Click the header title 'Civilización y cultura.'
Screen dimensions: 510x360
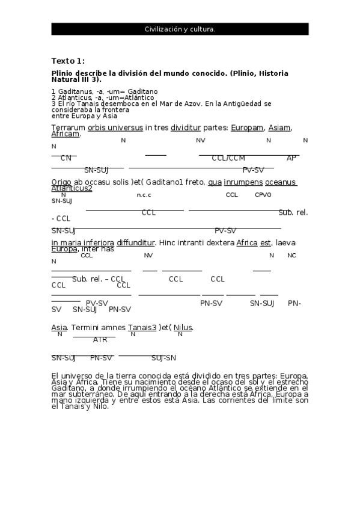click(x=180, y=29)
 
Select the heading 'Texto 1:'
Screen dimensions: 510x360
click(x=68, y=61)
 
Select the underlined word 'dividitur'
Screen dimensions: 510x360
click(x=186, y=127)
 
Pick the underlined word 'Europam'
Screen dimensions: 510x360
click(x=247, y=127)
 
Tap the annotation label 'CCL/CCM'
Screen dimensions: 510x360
click(x=228, y=158)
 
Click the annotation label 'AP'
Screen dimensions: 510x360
click(x=291, y=158)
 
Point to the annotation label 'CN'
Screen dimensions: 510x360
click(x=66, y=158)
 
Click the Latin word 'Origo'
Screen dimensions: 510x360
click(x=62, y=182)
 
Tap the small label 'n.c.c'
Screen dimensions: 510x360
click(x=144, y=195)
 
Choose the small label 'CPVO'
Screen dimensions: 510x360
click(x=263, y=195)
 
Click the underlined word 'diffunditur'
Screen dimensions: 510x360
click(x=136, y=243)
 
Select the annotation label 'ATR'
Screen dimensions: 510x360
click(x=100, y=340)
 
